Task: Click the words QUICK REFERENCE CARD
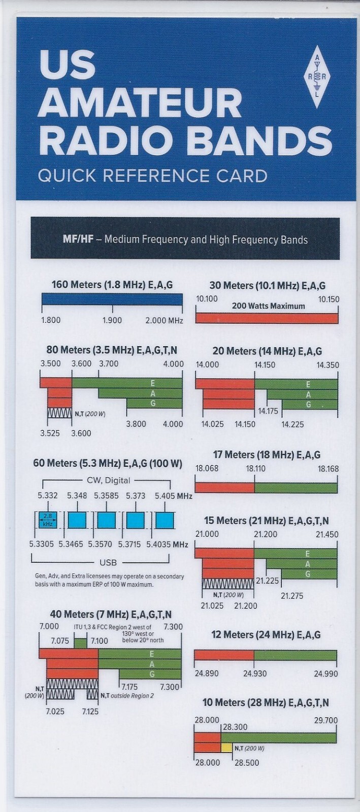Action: point(152,176)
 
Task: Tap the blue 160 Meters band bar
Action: point(112,300)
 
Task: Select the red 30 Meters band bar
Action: point(267,318)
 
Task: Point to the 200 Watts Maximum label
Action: point(268,306)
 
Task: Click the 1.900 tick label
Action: point(112,320)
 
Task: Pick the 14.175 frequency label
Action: point(268,411)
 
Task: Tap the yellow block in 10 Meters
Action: point(226,748)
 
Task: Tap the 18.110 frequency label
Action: point(256,468)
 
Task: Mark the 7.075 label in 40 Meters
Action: point(60,641)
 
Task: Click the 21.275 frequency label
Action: point(292,596)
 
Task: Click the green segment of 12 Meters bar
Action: point(295,655)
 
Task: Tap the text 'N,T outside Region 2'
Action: point(127,695)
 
